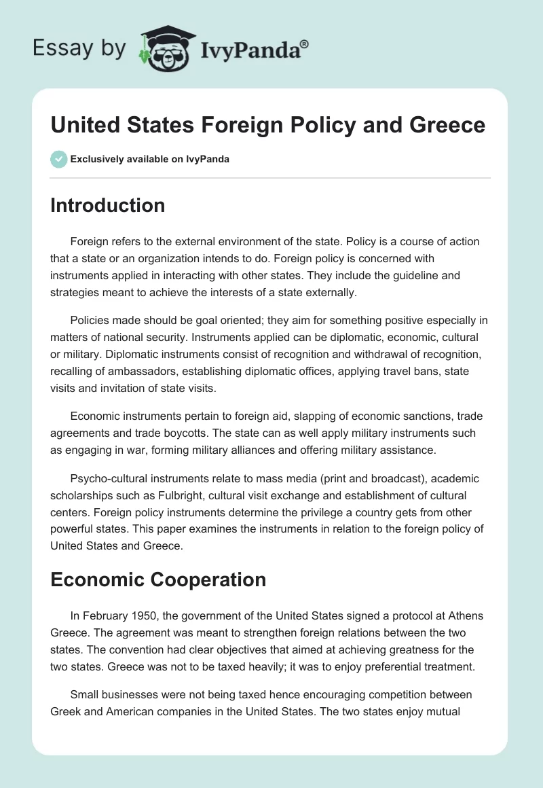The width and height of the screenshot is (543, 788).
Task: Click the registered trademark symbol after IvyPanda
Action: click(x=305, y=44)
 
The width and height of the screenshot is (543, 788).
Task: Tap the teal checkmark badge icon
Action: click(x=58, y=159)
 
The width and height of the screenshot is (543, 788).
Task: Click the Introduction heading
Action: click(x=107, y=205)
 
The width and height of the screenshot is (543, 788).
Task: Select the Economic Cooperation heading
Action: click(x=158, y=579)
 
